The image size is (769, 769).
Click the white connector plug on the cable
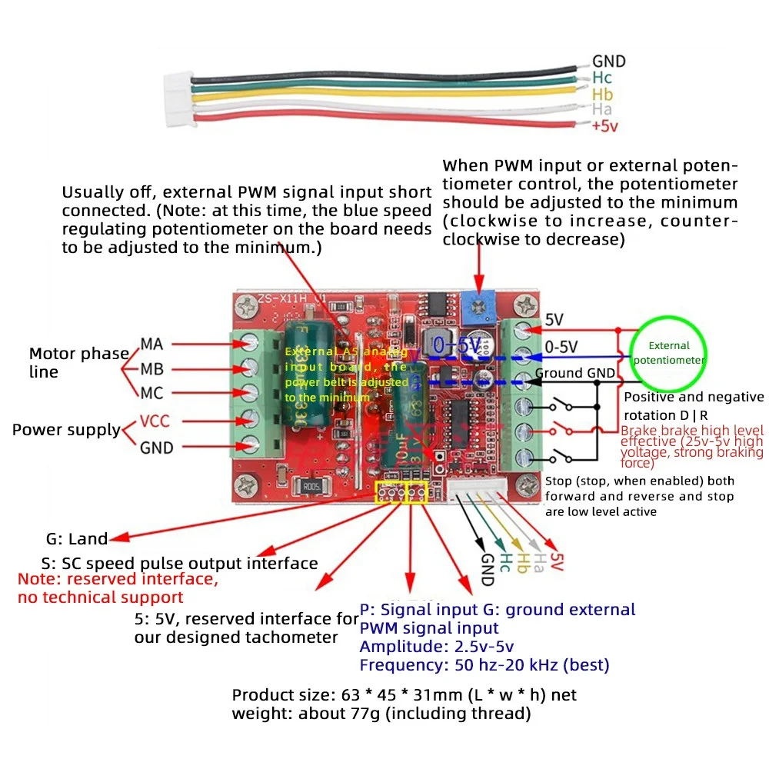[x=177, y=99]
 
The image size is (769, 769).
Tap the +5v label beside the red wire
[x=605, y=127]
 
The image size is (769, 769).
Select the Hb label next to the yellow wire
[x=603, y=94]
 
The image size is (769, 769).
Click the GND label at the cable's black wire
[x=608, y=62]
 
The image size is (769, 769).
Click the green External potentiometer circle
[x=668, y=353]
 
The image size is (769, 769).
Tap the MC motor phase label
[x=151, y=393]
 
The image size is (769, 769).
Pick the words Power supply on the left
[x=66, y=430]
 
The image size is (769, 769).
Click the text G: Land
[x=76, y=539]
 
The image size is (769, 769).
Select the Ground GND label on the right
[x=575, y=374]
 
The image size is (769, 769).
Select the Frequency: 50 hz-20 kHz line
[x=484, y=665]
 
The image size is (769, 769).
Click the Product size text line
[x=404, y=695]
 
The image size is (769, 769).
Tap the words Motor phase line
[x=78, y=362]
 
